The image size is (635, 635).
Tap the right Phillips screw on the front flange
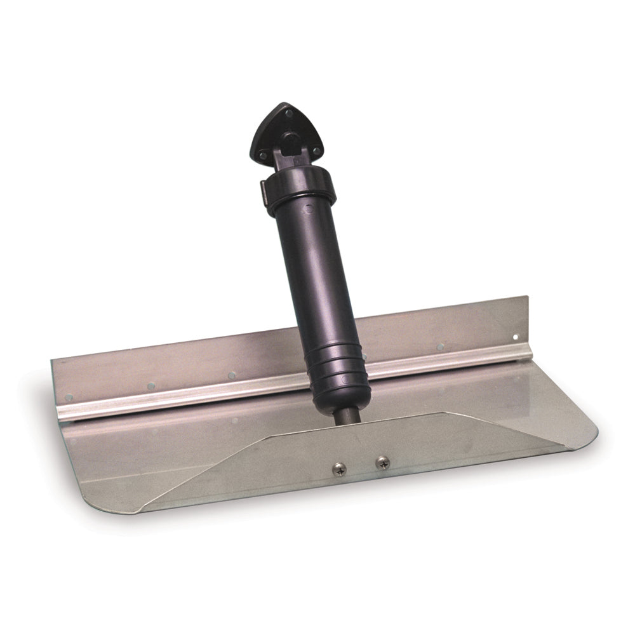[x=382, y=463]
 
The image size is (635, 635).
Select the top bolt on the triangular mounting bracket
[x=289, y=114]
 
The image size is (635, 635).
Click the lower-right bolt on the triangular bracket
[x=316, y=150]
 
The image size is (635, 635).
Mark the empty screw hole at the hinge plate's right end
[x=516, y=337]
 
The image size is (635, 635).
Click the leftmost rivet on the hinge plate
[x=69, y=397]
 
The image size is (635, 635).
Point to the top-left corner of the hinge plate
[x=53, y=360]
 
